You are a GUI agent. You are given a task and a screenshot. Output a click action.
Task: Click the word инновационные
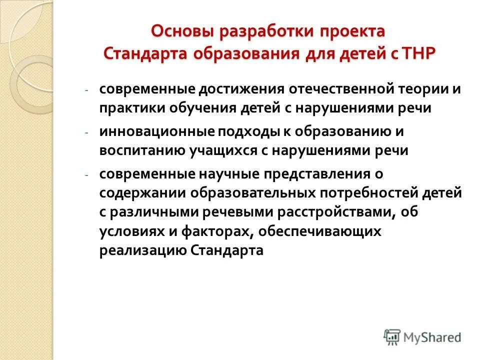[156, 131]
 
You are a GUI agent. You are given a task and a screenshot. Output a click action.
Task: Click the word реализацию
[143, 250]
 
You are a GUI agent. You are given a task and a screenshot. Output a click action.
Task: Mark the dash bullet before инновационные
[86, 132]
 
